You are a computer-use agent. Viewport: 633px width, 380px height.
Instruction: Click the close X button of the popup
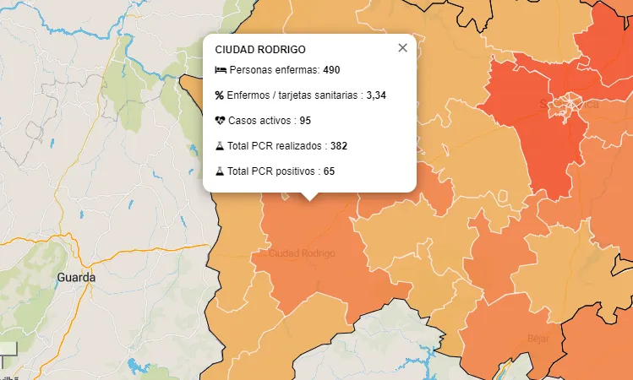point(402,48)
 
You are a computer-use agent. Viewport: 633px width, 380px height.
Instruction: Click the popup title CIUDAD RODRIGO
point(260,50)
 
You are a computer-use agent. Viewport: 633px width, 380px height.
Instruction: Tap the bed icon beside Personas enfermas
point(221,69)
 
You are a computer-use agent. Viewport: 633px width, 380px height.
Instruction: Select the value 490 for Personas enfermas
point(331,69)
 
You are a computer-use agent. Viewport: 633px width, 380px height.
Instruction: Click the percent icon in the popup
point(220,95)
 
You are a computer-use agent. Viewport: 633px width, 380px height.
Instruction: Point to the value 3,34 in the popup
point(376,95)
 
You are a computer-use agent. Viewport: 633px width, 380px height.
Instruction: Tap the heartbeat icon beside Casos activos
point(221,120)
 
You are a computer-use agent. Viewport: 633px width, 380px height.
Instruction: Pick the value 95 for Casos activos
point(305,120)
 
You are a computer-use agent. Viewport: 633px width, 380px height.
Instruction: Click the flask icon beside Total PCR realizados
point(220,145)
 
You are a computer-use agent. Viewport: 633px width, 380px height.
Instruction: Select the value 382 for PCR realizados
point(338,145)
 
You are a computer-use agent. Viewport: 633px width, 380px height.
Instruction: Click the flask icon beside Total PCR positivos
point(220,171)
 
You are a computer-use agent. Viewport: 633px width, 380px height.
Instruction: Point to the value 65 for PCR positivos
point(329,171)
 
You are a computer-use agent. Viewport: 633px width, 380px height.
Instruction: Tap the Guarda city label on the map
point(77,277)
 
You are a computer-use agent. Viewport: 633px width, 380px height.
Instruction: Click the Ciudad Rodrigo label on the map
point(302,253)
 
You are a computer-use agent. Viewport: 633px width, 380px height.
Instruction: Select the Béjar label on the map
point(538,339)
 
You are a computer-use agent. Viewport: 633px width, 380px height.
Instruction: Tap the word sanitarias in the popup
point(336,95)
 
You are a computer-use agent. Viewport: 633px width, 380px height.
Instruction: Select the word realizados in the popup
point(299,145)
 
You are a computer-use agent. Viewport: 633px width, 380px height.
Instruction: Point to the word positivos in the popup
point(296,171)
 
